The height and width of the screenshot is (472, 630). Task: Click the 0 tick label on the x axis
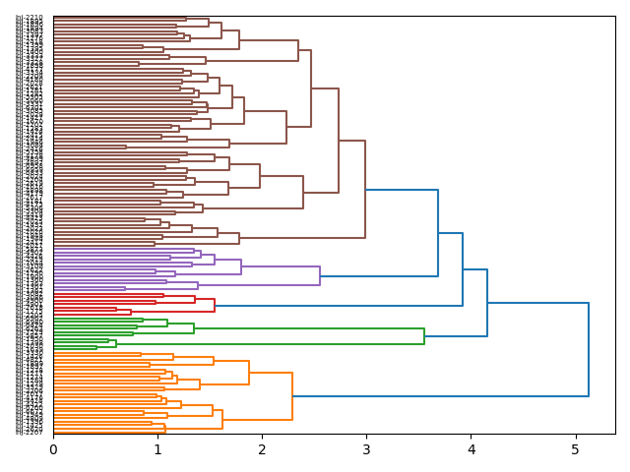53,449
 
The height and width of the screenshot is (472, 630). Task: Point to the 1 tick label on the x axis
157,449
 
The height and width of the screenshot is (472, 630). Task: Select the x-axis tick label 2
262,449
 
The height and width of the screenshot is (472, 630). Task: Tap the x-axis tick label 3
366,449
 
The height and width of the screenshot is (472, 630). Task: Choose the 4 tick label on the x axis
471,449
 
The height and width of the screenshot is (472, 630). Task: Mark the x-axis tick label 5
575,449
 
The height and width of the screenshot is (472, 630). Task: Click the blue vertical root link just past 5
589,350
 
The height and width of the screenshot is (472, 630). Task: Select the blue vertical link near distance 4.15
487,287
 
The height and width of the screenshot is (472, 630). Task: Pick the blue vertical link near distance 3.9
463,269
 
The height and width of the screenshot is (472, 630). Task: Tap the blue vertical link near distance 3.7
438,233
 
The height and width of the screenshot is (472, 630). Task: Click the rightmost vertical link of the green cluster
424,328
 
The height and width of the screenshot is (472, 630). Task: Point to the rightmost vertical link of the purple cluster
320,275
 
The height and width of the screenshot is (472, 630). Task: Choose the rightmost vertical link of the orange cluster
292,396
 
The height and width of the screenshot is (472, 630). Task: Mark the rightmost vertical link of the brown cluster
365,190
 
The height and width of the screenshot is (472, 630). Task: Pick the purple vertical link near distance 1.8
241,265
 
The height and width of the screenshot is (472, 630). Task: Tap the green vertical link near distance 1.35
194,327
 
